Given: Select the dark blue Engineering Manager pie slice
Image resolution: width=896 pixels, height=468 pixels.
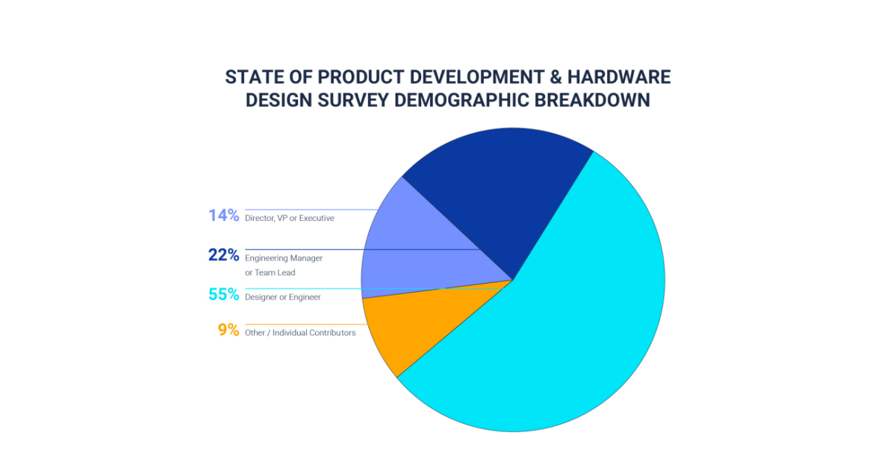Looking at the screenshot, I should [500, 194].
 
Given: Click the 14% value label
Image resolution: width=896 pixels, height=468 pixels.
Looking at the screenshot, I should [224, 216].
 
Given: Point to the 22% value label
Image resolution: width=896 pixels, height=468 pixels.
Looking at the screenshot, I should [224, 255].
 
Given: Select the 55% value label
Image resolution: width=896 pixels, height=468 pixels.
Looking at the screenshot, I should [224, 295].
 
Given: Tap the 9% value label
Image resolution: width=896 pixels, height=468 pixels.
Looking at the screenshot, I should [228, 330].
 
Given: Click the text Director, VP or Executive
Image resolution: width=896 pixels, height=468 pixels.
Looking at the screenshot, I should [290, 218].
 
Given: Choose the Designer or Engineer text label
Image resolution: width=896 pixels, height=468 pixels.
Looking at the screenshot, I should [283, 297].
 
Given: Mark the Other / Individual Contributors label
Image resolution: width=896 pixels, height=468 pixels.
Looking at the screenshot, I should [300, 332].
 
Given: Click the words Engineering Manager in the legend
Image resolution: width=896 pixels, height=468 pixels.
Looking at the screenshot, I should [284, 258].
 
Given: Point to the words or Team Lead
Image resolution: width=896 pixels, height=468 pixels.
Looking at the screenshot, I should [270, 272].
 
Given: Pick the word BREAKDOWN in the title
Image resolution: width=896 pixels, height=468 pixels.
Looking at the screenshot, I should [600, 100].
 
